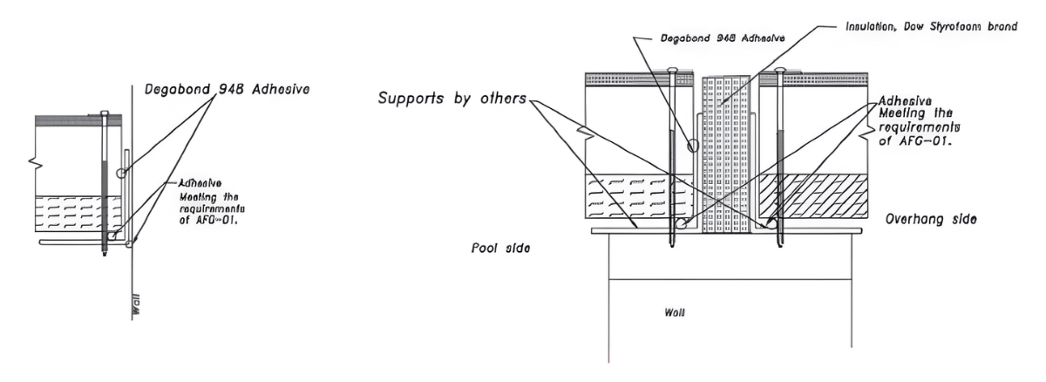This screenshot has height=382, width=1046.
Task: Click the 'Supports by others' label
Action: (451, 98)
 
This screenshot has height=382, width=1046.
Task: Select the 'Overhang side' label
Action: (930, 220)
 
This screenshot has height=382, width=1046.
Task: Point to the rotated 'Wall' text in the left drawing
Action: (135, 310)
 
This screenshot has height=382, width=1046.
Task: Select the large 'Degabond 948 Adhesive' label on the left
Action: (230, 88)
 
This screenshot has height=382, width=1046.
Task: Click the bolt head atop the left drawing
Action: (104, 113)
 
